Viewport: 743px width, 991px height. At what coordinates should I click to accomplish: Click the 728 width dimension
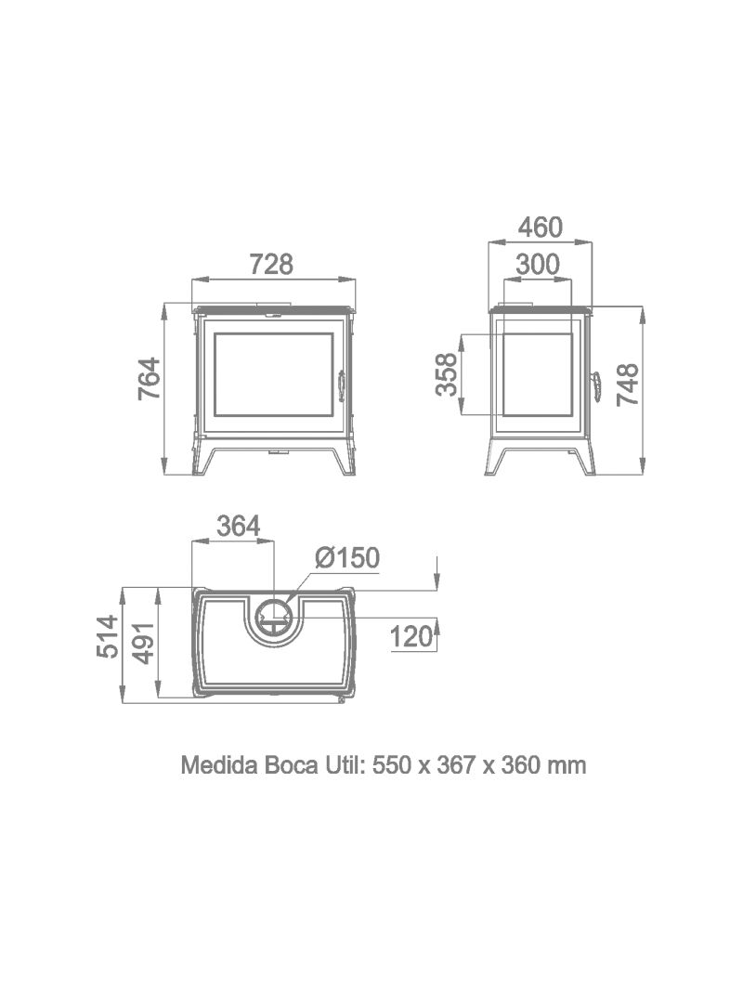coord(272,264)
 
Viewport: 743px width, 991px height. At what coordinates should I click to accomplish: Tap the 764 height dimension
coord(150,379)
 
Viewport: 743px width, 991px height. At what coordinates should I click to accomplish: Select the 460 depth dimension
coord(541,228)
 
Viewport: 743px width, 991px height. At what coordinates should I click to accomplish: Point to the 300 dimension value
coord(538,264)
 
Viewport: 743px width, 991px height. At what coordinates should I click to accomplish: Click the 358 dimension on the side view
coord(447,375)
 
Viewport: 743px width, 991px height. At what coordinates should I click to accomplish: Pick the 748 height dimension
coord(628,385)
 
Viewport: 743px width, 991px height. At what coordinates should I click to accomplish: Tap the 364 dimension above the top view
coord(238,525)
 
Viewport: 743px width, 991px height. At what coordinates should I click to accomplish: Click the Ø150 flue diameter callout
coord(347,558)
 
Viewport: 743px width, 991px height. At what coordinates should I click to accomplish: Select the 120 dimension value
coord(411,637)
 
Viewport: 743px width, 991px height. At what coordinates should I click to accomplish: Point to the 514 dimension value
coord(108,637)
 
